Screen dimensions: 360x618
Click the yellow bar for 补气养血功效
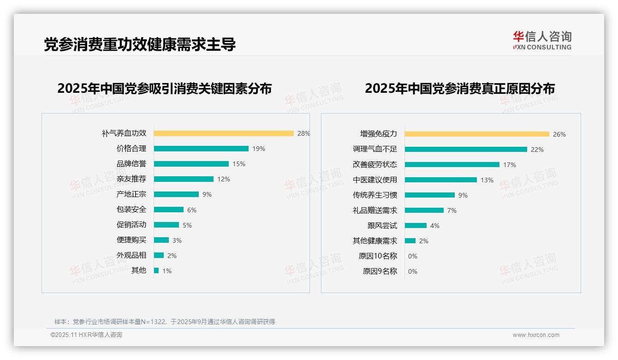pos(224,133)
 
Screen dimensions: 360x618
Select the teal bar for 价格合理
pos(201,149)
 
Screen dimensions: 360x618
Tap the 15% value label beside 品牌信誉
pos(239,164)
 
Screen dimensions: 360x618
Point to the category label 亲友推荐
pos(131,179)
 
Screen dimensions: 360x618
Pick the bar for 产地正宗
pos(176,194)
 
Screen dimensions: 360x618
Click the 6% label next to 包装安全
pos(192,210)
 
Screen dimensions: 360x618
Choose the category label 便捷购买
pos(131,240)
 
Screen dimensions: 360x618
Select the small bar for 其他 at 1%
pos(156,270)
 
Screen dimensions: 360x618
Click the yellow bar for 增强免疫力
pos(477,134)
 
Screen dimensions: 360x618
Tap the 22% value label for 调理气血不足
pos(537,150)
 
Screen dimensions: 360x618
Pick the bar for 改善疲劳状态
pos(452,165)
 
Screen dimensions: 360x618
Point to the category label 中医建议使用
pos(375,180)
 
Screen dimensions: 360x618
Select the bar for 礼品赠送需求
pos(424,210)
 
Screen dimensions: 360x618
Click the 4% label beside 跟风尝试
pos(435,226)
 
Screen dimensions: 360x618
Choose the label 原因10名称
pos(378,256)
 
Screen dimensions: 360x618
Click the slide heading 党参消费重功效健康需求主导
pos(140,44)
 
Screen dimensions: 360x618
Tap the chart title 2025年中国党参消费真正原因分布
pos(460,88)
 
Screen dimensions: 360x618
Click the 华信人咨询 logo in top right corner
pos(542,41)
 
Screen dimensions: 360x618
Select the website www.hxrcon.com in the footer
pos(536,335)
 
